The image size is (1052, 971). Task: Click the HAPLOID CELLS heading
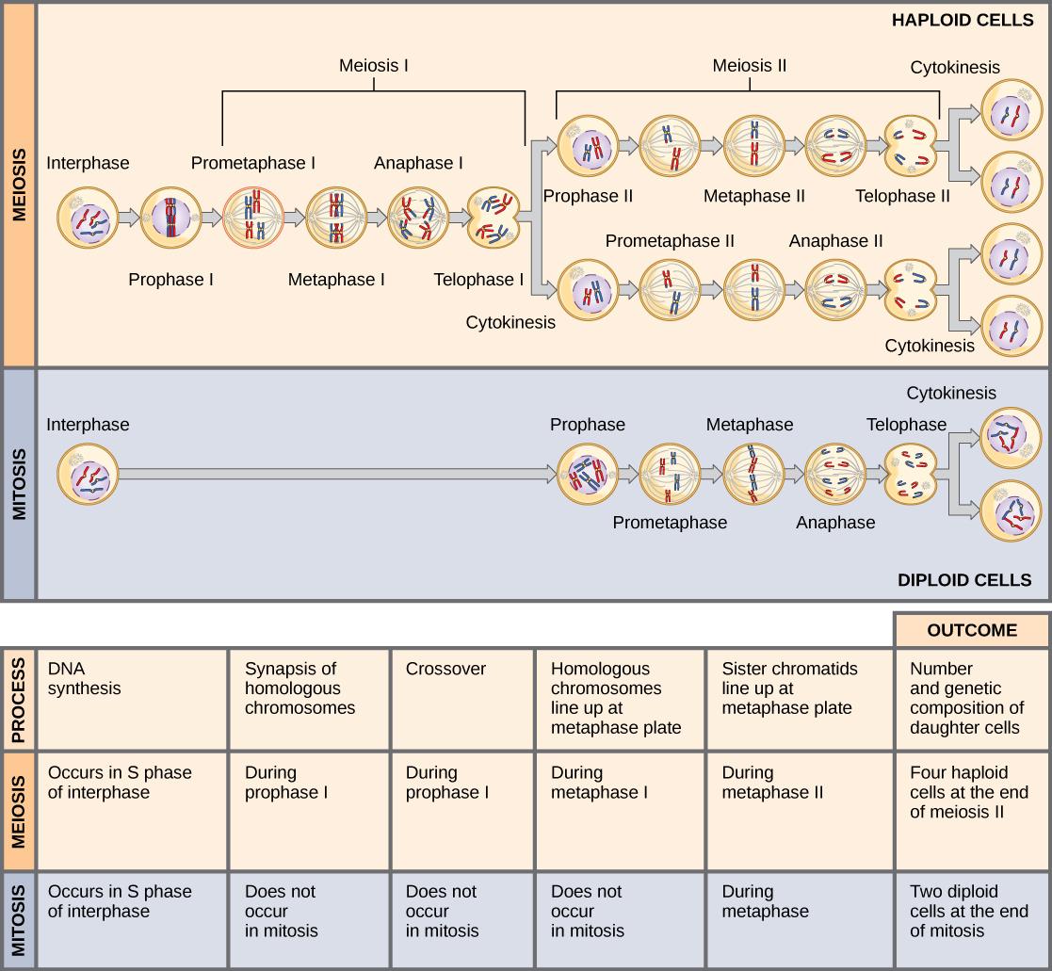pos(962,20)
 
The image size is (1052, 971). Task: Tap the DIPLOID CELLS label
pos(964,579)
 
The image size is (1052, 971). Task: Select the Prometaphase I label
pos(253,163)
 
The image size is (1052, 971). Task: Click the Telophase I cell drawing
pos(494,218)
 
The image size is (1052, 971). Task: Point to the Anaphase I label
pos(418,163)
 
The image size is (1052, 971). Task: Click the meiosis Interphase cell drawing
pos(88,218)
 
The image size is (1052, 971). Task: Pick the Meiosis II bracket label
pos(749,66)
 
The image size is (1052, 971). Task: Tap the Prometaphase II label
pos(669,241)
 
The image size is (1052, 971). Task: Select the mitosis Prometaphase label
pos(669,522)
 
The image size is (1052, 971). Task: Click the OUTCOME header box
pos(971,630)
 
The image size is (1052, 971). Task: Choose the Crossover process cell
pos(461,698)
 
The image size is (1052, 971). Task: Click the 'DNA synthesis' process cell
pos(131,698)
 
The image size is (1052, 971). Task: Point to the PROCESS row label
pos(18,698)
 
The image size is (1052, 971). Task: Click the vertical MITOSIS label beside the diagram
pos(18,484)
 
